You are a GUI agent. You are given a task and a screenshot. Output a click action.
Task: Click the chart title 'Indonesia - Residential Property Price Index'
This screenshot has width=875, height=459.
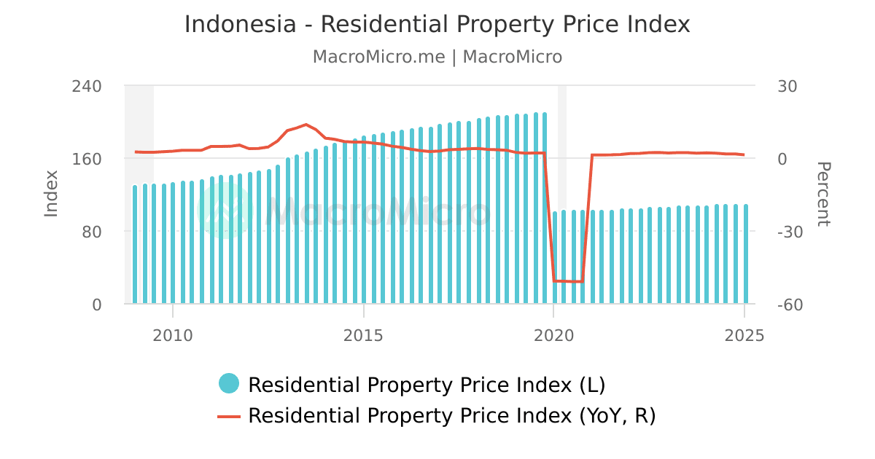coord(437,24)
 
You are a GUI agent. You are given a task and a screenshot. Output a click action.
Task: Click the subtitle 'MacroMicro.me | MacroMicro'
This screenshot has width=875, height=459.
coord(437,57)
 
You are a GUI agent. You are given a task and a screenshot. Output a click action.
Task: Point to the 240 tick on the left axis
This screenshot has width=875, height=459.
coord(87,86)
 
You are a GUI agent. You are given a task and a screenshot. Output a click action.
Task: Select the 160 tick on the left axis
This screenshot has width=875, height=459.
coord(87,159)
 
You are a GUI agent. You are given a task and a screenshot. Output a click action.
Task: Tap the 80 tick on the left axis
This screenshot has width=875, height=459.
coord(91,232)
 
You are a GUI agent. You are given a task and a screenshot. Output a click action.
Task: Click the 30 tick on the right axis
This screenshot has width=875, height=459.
coord(787,86)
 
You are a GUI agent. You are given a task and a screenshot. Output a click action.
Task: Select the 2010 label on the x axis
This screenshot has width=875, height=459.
coord(173,335)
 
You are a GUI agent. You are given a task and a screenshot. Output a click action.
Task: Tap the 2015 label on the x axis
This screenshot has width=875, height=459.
coord(363,335)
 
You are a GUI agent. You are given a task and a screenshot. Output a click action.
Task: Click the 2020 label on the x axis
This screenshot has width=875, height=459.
coord(553,335)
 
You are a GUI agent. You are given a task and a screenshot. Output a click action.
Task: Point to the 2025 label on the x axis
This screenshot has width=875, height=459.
coord(744,335)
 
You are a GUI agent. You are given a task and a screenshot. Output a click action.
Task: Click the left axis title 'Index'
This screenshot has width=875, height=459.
coord(51,193)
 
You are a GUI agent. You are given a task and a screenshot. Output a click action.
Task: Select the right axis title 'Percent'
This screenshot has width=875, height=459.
coord(822,194)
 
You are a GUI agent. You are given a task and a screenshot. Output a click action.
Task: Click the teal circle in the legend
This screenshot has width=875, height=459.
coord(229,383)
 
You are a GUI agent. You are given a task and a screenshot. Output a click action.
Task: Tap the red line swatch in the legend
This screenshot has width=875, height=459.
coord(229,416)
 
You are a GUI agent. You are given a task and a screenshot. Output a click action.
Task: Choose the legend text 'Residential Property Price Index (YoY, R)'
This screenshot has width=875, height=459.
coord(452,416)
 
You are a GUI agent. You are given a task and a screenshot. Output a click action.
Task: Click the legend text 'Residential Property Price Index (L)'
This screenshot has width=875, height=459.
coord(427,384)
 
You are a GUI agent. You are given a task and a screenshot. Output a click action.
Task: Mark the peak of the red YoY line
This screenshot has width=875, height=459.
coord(306,125)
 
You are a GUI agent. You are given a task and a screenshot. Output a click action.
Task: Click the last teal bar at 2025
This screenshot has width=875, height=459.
coord(745,254)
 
